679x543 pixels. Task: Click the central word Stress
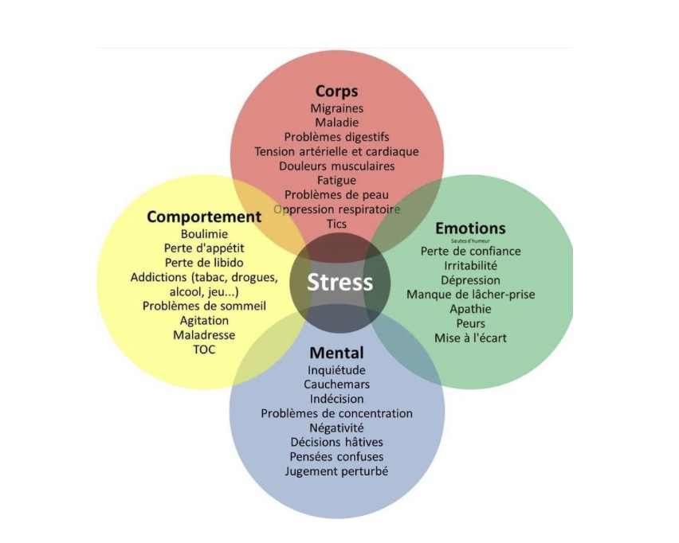click(339, 283)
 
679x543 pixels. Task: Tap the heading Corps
click(336, 91)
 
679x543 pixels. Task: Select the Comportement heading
click(204, 217)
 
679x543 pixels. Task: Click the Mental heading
click(336, 353)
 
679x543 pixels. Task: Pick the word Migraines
click(336, 108)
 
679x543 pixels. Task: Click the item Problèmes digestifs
click(336, 137)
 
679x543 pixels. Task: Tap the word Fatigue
click(336, 181)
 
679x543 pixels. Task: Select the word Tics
click(336, 224)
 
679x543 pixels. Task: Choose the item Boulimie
click(204, 234)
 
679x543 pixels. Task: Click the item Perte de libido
click(204, 263)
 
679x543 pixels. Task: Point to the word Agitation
click(204, 321)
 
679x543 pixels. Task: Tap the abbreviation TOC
click(204, 350)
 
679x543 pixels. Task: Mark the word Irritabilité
click(470, 266)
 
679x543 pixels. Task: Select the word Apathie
click(470, 309)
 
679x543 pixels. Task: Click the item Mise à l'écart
click(470, 338)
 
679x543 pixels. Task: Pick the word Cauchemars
click(336, 385)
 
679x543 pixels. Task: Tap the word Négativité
click(336, 428)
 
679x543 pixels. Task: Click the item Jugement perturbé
click(336, 471)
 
